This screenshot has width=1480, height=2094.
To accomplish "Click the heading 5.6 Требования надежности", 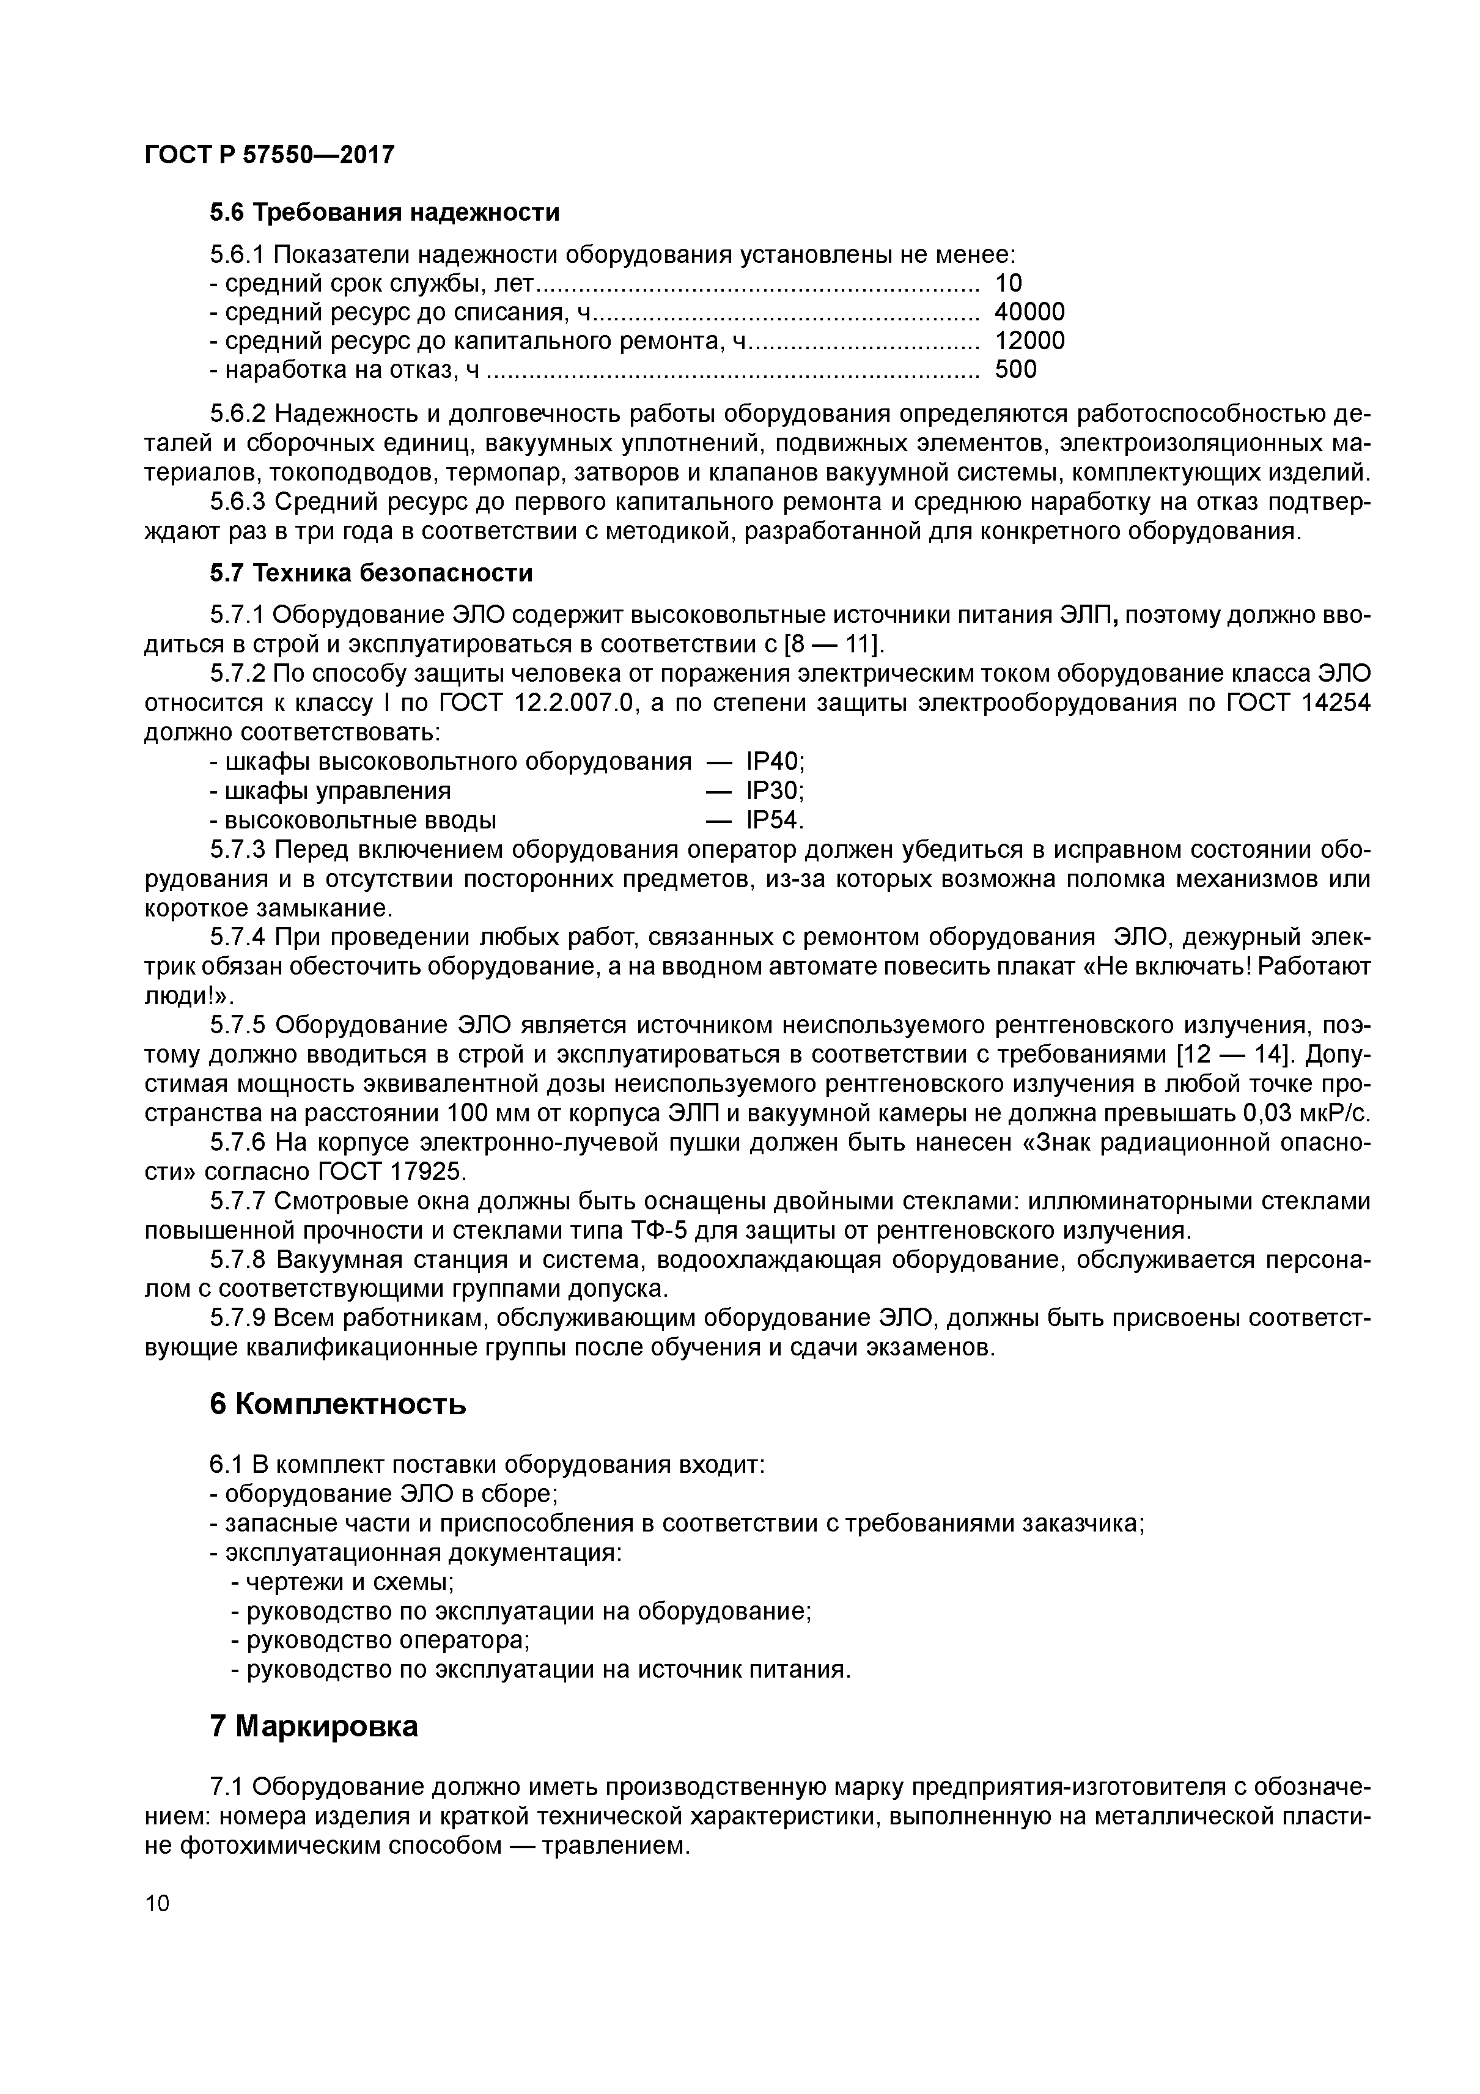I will [x=384, y=213].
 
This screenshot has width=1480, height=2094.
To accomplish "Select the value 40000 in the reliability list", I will [x=1029, y=312].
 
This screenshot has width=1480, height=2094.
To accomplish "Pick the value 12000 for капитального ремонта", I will [x=1029, y=341].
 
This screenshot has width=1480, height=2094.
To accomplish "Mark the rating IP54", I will [x=774, y=820].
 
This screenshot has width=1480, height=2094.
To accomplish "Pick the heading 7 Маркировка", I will [x=314, y=1727].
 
